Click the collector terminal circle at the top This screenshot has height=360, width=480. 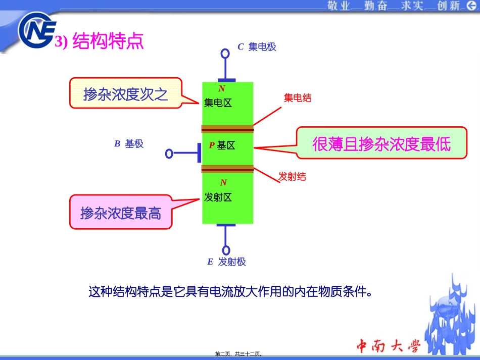coord(225,54)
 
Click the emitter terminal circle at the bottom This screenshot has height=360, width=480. coord(226,250)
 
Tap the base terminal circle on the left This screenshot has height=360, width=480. coord(169,153)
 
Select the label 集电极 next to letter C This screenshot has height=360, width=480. coord(262,47)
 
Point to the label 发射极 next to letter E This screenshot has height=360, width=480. coord(232,262)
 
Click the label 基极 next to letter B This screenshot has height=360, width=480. coord(134,143)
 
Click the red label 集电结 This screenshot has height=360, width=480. coord(298,98)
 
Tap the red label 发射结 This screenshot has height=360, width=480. coord(292,177)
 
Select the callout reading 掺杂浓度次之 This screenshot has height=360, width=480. coord(126,93)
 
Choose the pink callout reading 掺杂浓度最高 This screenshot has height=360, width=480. coord(121,212)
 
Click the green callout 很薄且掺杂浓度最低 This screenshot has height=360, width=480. coord(381,143)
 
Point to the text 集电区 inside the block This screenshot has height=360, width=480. coord(218,103)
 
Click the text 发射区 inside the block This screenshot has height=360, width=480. coord(218,197)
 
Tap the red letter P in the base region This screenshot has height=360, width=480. coord(212,145)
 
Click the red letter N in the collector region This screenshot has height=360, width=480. coord(222,89)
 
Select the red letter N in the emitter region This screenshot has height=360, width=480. coord(223,183)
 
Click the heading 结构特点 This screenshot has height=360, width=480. coord(108,41)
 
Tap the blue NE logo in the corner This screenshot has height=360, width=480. coord(37,30)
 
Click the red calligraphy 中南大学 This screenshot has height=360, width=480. coord(389,346)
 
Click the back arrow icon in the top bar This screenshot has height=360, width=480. coord(472,5)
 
